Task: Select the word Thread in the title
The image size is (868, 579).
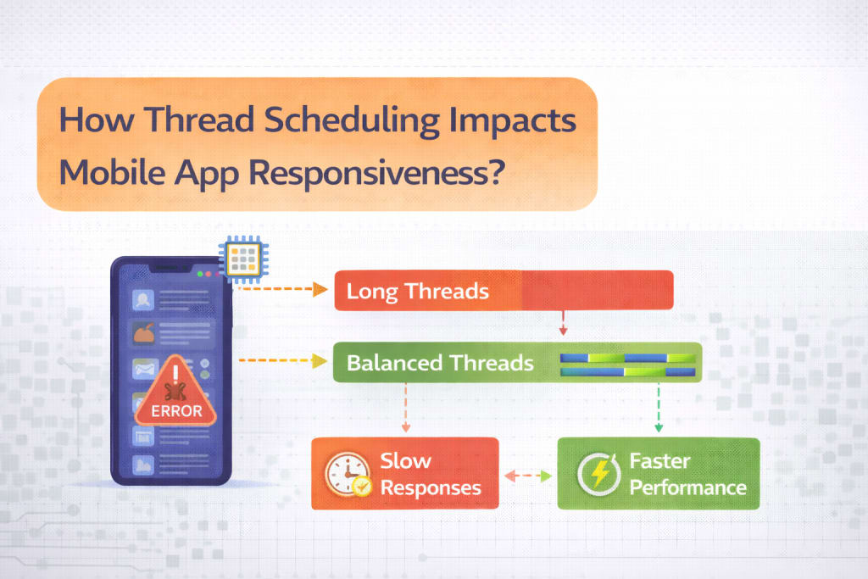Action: point(200,119)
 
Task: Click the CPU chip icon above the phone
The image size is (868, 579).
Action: point(243,259)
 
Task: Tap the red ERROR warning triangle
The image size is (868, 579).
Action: point(176,392)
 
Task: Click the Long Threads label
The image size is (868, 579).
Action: point(417,291)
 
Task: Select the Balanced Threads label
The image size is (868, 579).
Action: point(440,363)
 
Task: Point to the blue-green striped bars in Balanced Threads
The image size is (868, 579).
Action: point(628,365)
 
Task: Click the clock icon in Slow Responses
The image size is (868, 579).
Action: point(348,475)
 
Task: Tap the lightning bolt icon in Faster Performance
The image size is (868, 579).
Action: point(599,474)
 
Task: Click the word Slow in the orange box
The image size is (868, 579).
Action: point(406,460)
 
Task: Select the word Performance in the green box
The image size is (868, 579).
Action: point(688,487)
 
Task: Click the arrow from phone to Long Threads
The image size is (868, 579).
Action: point(281,289)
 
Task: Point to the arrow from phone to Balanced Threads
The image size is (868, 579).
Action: point(282,361)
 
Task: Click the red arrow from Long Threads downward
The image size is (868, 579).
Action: point(563,323)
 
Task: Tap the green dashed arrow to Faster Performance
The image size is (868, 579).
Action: point(659,408)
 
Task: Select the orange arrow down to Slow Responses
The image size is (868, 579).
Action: point(406,408)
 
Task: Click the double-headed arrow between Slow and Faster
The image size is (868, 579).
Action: point(528,476)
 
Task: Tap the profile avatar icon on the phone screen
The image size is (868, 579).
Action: point(142,300)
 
